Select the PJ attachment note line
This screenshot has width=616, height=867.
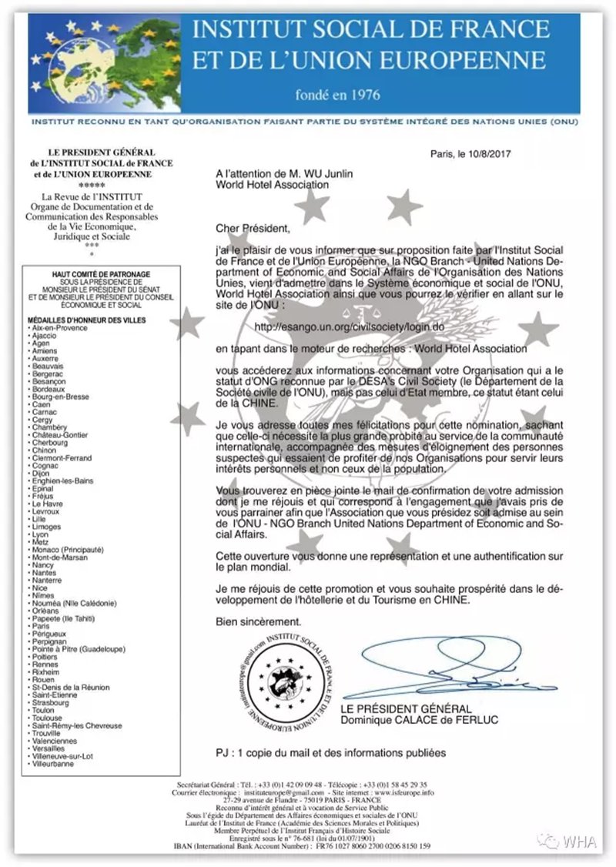[x=331, y=752]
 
